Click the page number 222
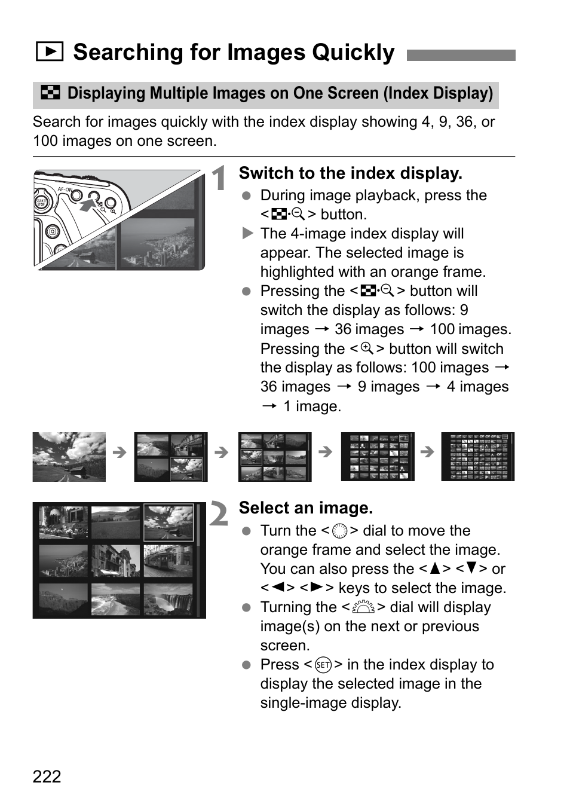[47, 776]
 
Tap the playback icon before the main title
[49, 52]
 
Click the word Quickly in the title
[353, 53]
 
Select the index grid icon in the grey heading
[50, 93]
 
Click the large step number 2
[219, 514]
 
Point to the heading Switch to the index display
[350, 173]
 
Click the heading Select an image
[305, 508]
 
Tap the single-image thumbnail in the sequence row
[69, 457]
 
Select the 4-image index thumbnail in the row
[171, 457]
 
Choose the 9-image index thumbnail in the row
[275, 457]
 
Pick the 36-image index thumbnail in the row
[378, 457]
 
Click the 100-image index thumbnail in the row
[477, 457]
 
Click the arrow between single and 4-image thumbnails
[119, 452]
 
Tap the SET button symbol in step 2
[323, 665]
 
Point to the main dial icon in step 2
[363, 607]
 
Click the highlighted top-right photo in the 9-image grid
[169, 522]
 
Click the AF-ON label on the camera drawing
[64, 189]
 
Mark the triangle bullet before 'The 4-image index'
[247, 233]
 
